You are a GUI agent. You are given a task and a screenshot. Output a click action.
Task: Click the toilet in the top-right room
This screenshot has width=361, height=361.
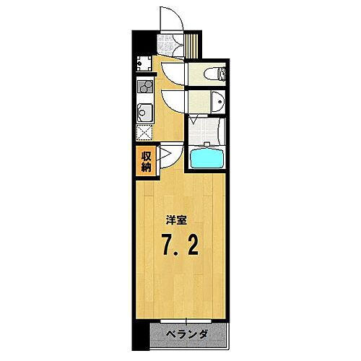[x=216, y=72]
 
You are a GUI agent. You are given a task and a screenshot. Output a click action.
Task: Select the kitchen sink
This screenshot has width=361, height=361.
[x=144, y=113]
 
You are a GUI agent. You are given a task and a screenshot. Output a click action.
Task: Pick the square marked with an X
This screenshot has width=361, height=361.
[x=144, y=133]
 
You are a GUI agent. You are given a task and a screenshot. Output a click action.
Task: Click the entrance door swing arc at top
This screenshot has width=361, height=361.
[x=172, y=21]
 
